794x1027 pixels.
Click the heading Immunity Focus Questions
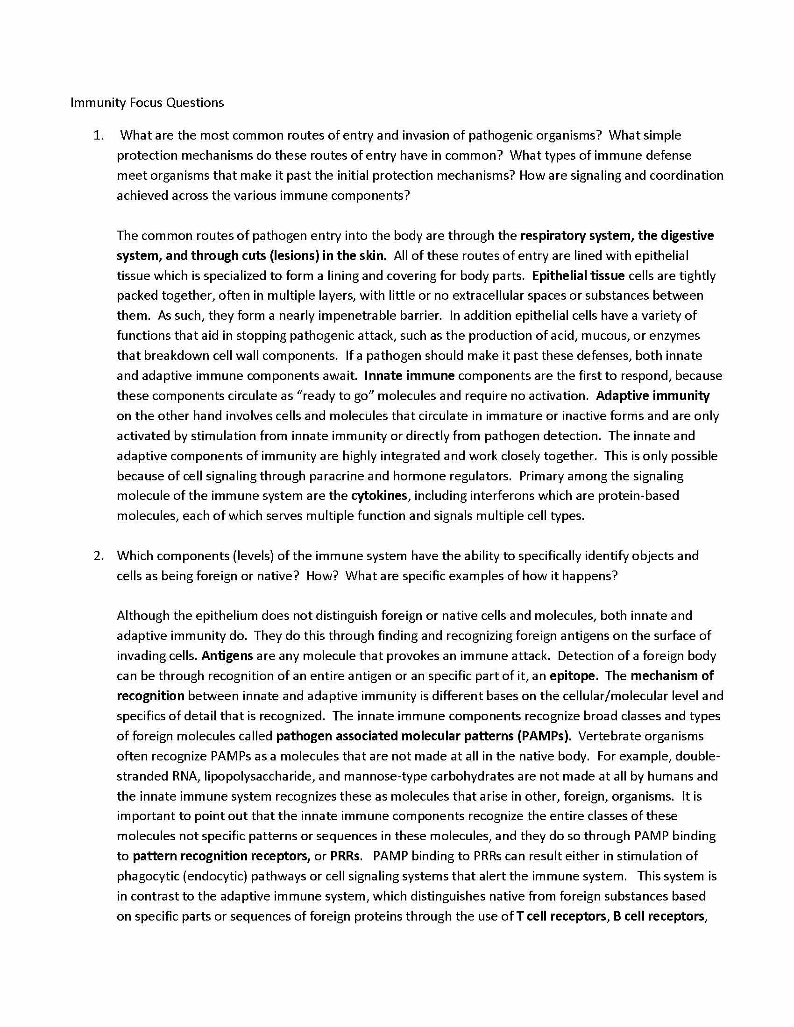pyautogui.click(x=147, y=103)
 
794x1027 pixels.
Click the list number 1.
pyautogui.click(x=98, y=135)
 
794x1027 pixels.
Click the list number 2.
pyautogui.click(x=98, y=556)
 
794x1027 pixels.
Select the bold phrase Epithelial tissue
pyautogui.click(x=578, y=275)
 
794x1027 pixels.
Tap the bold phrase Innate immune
pyautogui.click(x=409, y=376)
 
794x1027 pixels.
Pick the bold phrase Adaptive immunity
pyautogui.click(x=652, y=395)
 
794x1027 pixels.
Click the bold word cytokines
pyautogui.click(x=379, y=496)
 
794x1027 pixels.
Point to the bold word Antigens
pyautogui.click(x=227, y=655)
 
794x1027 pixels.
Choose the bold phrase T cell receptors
pyautogui.click(x=561, y=916)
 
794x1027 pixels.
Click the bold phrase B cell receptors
pyautogui.click(x=659, y=916)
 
